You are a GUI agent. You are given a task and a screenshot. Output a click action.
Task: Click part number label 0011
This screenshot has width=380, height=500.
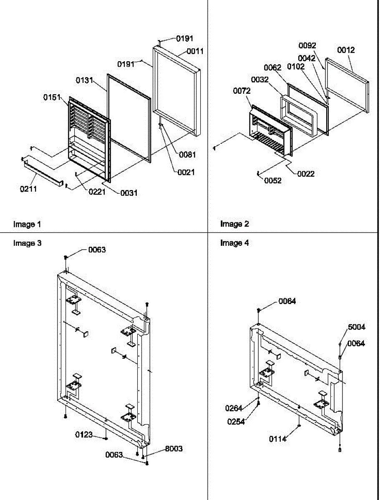195,51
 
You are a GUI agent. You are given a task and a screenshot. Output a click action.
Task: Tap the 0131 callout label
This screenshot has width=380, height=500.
84,80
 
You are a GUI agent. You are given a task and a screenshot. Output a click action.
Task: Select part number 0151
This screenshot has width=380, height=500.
52,97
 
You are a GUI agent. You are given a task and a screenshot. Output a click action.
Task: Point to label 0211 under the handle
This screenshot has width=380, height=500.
28,189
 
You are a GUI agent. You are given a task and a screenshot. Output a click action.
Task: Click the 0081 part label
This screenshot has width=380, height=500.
187,155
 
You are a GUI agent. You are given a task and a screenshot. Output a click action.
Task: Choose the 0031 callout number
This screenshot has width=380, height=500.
129,193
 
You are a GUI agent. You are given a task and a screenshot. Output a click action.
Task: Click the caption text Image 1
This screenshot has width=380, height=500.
27,224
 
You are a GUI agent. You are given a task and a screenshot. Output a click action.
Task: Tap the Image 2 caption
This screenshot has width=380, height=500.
234,224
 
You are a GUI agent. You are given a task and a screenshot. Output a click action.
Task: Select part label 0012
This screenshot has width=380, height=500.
346,50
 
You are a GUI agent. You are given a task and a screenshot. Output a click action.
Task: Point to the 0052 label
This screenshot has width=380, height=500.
272,180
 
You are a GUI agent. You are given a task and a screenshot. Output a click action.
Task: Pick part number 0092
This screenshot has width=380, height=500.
307,45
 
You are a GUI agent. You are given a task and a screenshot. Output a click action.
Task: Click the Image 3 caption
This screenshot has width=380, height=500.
27,243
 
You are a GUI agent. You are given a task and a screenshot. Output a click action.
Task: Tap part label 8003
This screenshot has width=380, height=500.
174,449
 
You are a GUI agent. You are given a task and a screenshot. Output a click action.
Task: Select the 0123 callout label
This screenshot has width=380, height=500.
84,435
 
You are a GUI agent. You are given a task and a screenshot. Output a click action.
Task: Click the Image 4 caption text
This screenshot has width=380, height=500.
234,243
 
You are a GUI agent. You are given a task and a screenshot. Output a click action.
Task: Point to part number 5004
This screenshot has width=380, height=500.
357,327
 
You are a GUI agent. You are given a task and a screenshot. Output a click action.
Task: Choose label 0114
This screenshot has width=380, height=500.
277,439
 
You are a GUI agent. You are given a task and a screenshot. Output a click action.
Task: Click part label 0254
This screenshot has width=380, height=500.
236,422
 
